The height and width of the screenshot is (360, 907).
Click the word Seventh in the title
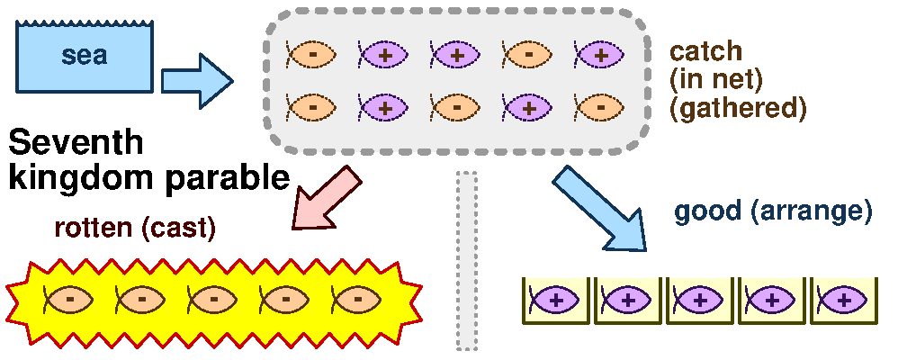[x=76, y=143]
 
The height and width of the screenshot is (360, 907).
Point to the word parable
[x=226, y=178]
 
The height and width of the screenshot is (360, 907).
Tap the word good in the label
[x=704, y=212]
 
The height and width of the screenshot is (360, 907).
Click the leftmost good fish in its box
[x=556, y=300]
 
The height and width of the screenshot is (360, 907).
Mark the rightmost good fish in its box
[x=844, y=300]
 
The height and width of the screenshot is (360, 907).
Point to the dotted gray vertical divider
[x=466, y=261]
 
